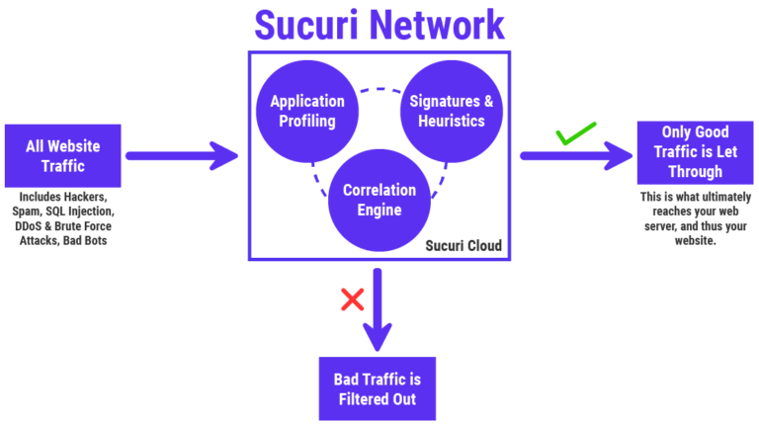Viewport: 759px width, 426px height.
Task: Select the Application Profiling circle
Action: pos(307,111)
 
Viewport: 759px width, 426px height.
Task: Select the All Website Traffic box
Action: pos(62,156)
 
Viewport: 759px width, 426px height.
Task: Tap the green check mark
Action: pos(572,134)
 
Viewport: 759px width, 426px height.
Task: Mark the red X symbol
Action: pos(351,299)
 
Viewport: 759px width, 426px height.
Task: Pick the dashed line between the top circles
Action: pos(376,92)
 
